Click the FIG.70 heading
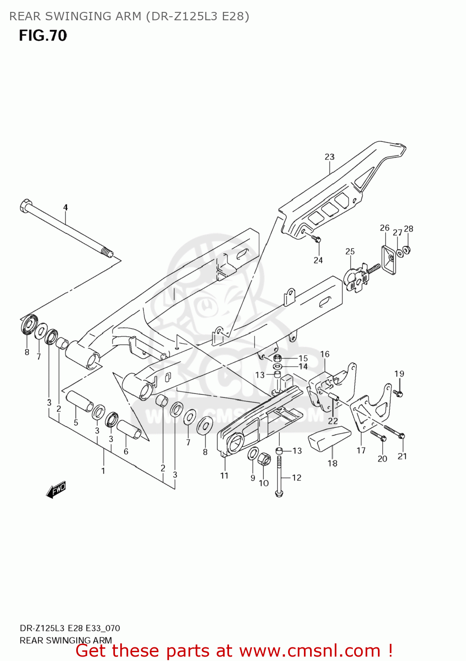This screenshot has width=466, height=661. [43, 36]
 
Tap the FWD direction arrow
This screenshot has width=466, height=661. [56, 489]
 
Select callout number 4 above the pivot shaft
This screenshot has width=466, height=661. [66, 207]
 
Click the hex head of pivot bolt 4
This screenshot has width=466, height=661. [26, 205]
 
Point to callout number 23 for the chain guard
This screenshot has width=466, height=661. [329, 157]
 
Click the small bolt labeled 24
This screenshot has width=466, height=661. [317, 239]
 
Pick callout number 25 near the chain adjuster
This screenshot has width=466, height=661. [350, 252]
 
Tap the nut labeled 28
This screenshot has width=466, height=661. [407, 250]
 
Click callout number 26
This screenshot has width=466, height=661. [385, 228]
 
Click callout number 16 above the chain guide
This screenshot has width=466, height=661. [325, 354]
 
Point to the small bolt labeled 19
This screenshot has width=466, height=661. [398, 393]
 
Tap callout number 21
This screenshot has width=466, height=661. [402, 457]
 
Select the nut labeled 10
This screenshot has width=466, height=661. [265, 459]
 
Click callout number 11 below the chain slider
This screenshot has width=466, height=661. [224, 475]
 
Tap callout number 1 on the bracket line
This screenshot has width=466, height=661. [103, 471]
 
